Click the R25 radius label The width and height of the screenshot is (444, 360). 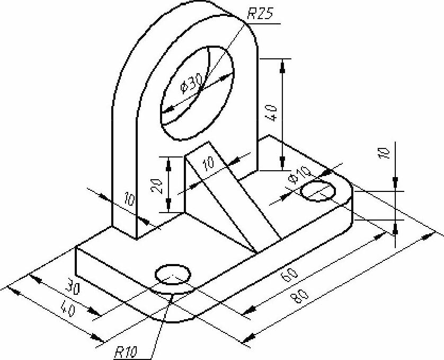click(260, 13)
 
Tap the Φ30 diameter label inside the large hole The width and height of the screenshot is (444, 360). click(192, 83)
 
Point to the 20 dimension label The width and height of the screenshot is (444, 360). click(157, 186)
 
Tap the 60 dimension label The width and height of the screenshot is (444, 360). click(289, 274)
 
